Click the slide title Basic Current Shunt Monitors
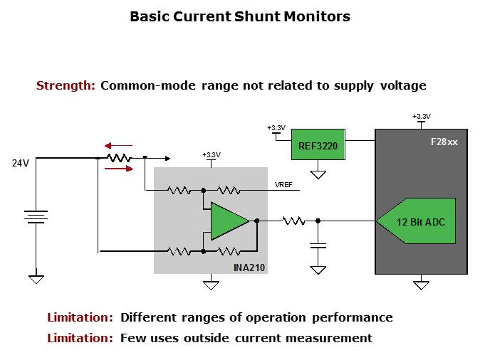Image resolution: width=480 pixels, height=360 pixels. [x=239, y=16]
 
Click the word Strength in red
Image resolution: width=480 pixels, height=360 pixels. [x=66, y=86]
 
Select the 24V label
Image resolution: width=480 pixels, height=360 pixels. [x=21, y=163]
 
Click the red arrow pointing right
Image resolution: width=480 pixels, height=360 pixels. [x=118, y=169]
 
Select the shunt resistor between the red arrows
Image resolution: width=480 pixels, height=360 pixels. [x=119, y=157]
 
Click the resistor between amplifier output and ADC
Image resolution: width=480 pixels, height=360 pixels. [x=293, y=221]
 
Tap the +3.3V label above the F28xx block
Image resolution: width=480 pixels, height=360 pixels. [x=421, y=116]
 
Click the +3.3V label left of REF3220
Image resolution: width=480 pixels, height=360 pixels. [x=276, y=128]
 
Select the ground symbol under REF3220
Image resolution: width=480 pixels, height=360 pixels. [x=318, y=174]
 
